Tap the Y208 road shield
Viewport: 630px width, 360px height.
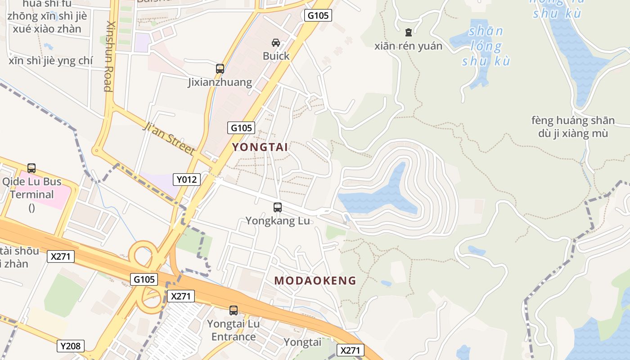pos(71,346)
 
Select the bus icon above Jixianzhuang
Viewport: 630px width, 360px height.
pos(220,69)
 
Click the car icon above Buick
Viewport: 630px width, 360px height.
pos(276,43)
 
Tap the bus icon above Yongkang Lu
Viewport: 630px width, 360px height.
pos(278,207)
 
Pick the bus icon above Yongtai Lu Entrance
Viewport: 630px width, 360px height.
pos(234,310)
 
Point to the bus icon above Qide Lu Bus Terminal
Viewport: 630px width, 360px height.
pos(31,168)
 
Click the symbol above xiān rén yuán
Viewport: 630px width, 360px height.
pos(409,32)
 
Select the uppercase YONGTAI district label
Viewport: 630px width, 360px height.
pos(260,147)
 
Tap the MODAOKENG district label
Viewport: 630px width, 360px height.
pos(315,281)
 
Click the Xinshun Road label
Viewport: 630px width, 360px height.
pos(108,56)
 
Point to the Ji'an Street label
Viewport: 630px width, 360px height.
pos(169,138)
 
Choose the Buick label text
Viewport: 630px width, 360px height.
pos(276,56)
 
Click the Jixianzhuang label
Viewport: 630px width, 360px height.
pos(220,82)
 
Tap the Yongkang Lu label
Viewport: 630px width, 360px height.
pos(278,221)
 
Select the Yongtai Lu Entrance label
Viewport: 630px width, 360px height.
pos(234,330)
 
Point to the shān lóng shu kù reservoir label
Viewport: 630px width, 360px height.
pos(486,46)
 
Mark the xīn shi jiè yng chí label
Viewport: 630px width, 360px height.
pos(50,60)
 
